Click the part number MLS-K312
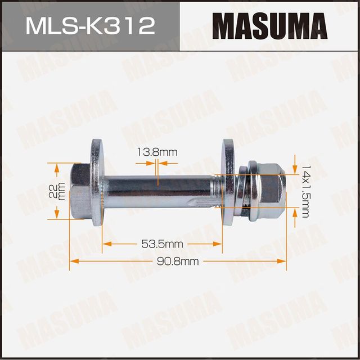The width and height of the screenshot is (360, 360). pos(89,26)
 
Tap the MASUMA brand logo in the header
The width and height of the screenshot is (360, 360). pos(269,26)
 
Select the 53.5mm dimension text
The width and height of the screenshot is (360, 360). pos(162,244)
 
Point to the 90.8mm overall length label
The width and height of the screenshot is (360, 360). pos(178,261)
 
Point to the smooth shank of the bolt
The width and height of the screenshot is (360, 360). pos(160,186)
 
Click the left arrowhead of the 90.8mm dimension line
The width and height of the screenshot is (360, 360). pos(73,261)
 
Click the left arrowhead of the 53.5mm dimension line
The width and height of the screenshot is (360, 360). pos(106,244)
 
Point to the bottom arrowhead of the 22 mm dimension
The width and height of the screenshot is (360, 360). pos(56,216)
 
